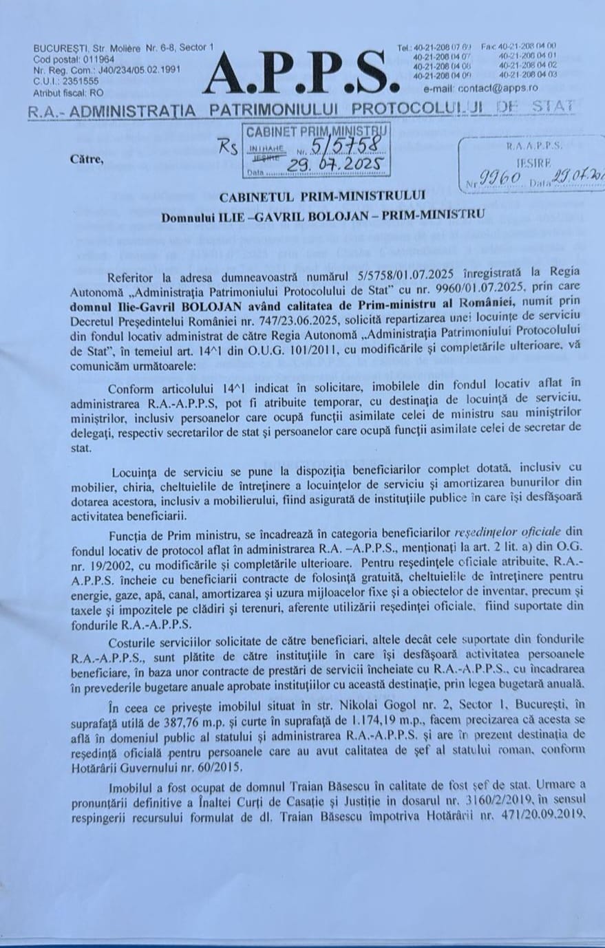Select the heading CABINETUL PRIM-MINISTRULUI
(x=322, y=197)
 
